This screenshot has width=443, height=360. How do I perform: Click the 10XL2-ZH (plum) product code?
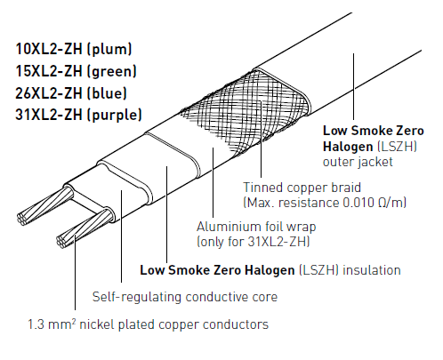pos(74,49)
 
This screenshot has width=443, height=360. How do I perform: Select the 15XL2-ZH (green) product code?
pos(76,71)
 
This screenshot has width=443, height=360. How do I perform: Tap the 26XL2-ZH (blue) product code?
pos(71,93)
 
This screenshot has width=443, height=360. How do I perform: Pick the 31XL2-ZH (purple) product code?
pos(78,115)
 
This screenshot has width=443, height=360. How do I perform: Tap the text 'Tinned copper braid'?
pos(302,188)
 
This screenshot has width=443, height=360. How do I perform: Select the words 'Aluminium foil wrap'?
pos(256,227)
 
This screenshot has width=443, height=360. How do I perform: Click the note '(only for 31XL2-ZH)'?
pos(254,242)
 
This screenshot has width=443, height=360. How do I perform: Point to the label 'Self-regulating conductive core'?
pos(185,297)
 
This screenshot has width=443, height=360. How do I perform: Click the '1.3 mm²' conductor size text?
pos(52,324)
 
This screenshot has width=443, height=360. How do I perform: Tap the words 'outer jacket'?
pos(358,162)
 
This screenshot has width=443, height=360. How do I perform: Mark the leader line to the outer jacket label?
pos(353,86)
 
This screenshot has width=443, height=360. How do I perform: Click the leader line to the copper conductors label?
pos(75,272)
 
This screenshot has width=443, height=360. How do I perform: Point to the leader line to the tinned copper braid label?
pos(261,139)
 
